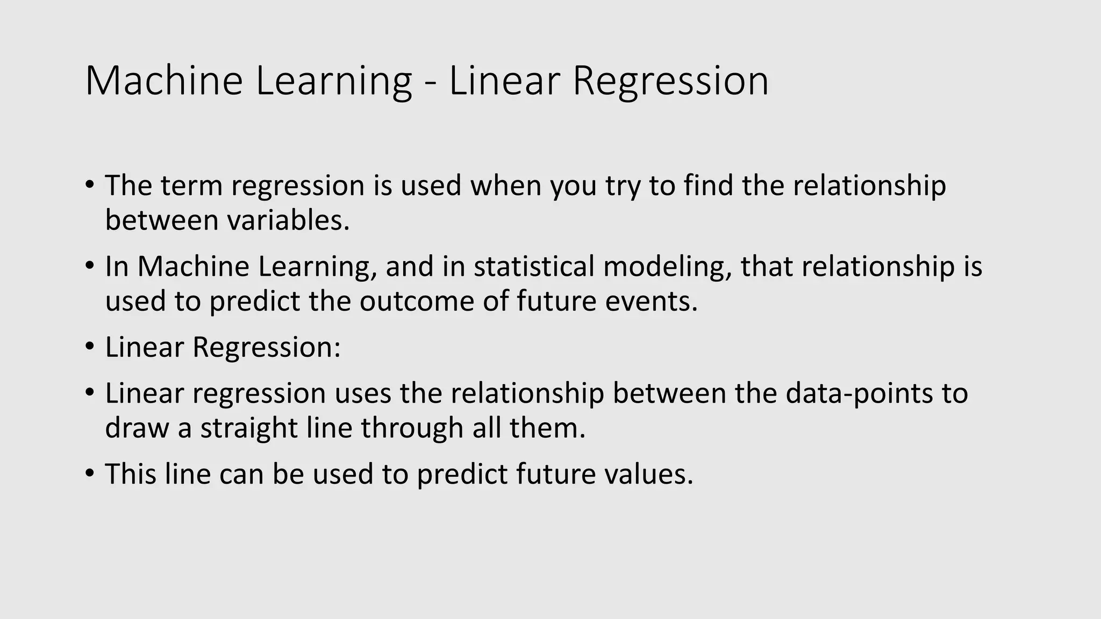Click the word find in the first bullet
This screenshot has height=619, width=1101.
[708, 185]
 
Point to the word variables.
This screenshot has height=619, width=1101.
[288, 220]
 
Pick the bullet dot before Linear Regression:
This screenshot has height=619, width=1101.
[89, 345]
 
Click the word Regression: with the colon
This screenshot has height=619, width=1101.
[267, 347]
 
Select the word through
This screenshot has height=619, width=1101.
[412, 428]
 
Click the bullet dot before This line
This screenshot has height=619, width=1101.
[89, 472]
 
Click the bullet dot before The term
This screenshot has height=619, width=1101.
[89, 184]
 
